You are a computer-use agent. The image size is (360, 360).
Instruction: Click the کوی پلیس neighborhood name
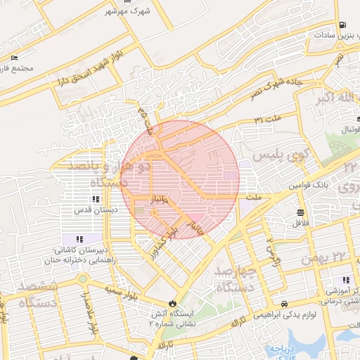point(271,156)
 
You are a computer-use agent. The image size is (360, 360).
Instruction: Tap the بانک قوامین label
point(307,188)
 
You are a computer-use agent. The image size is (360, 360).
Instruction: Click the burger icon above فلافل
point(301,212)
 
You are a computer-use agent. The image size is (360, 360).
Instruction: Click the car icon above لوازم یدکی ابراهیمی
point(283,304)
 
